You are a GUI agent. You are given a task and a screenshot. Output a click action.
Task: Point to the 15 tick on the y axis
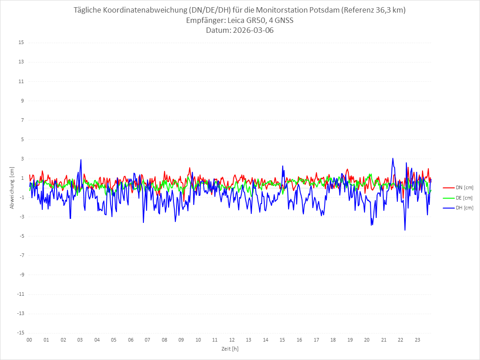click(21, 43)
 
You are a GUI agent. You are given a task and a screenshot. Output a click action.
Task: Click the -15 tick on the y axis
click(20, 333)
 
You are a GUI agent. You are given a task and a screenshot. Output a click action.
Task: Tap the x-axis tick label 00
click(29, 340)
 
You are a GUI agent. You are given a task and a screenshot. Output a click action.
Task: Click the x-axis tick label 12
click(232, 340)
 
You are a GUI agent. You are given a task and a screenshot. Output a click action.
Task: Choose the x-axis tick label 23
click(418, 340)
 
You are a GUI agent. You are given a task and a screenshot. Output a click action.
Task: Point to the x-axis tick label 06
click(130, 340)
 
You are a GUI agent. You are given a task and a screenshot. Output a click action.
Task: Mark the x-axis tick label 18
click(333, 340)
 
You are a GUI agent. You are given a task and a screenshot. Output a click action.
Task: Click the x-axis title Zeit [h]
click(230, 348)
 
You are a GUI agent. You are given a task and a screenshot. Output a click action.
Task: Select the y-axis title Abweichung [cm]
click(12, 188)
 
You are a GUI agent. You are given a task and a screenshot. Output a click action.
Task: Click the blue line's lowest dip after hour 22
click(405, 230)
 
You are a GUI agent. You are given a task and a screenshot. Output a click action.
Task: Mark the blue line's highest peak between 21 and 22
click(393, 158)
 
